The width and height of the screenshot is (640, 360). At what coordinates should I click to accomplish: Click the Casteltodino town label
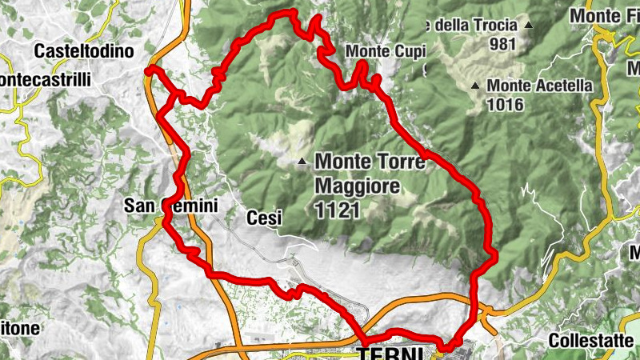tap(87, 50)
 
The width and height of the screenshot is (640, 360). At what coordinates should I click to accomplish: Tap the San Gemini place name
tap(170, 206)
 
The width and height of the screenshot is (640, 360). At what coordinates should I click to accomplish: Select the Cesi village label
tap(261, 217)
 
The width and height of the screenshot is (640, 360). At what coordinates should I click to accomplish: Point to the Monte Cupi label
tap(386, 51)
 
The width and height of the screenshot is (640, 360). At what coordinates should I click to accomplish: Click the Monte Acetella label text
tap(539, 85)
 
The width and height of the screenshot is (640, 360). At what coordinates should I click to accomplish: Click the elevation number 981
tap(502, 44)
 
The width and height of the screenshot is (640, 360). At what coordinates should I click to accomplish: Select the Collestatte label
tap(590, 340)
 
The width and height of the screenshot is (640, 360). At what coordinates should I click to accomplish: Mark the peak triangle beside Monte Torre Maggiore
tap(302, 163)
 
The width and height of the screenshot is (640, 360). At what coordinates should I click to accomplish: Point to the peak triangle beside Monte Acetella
tap(475, 86)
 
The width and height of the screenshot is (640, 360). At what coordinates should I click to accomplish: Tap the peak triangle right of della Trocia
tap(530, 26)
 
